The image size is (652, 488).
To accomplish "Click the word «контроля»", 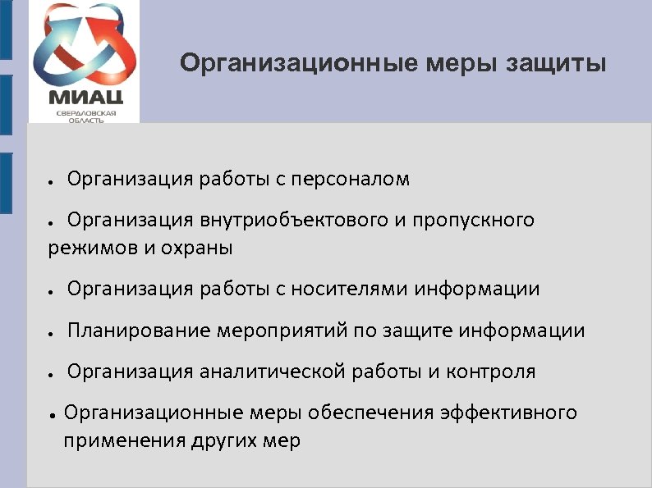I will click(491, 372).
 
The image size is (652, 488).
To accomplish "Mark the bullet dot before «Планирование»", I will click(51, 333).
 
